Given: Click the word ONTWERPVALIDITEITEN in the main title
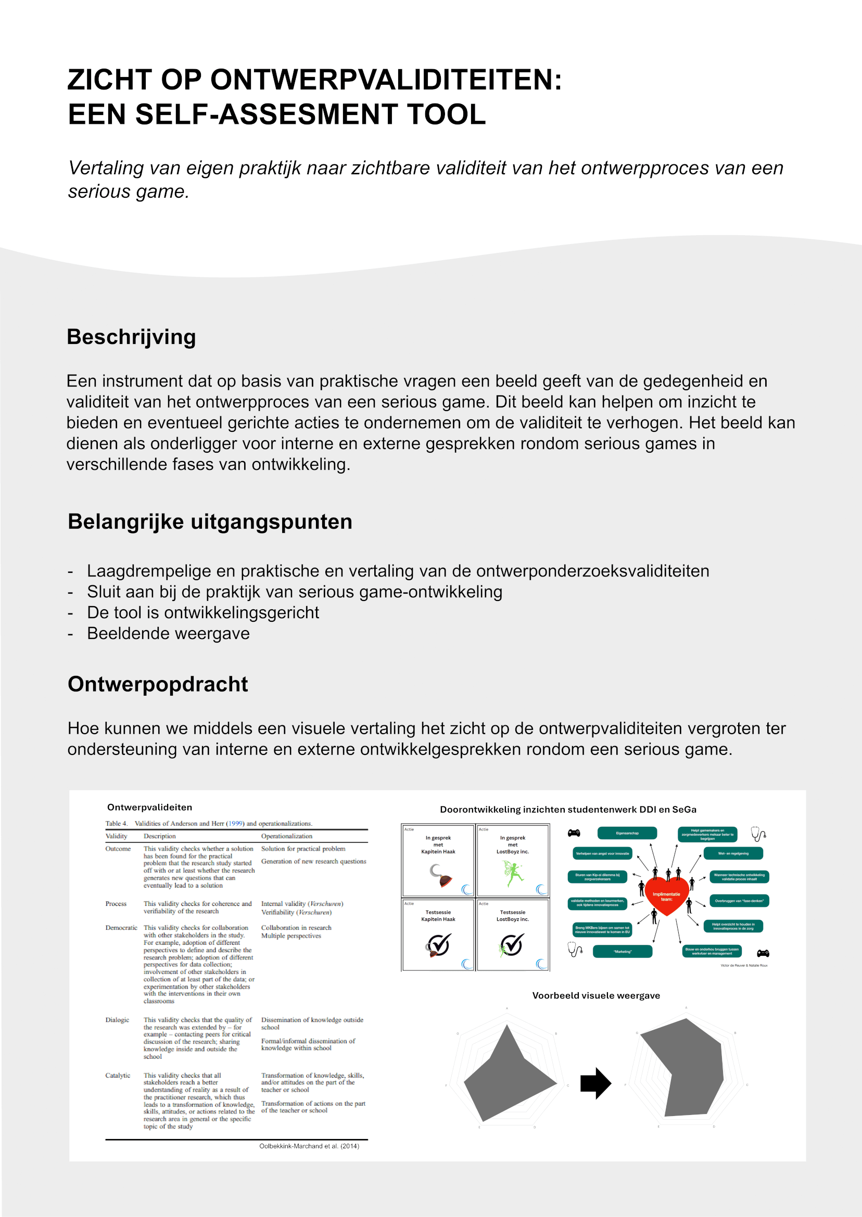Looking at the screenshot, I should point(385,80).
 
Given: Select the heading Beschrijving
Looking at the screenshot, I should point(131,337).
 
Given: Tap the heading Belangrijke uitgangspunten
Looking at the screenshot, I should point(210,522).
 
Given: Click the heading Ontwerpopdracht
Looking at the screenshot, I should point(158,684).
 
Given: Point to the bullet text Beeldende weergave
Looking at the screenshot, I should point(168,633).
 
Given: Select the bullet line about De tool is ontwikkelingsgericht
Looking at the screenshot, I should point(203,613).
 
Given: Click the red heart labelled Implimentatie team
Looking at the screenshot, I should point(666,896).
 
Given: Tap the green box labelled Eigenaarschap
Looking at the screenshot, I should point(627,834).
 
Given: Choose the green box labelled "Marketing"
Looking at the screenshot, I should point(622,952).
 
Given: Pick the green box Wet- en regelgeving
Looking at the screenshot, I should point(733,854).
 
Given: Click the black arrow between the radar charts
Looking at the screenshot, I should point(595,1083).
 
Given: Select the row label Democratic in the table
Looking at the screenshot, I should point(121,928).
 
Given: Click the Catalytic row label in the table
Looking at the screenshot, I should point(117,1075).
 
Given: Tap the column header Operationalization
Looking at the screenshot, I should point(287,836).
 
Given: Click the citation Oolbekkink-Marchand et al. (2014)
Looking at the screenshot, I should point(309,1146).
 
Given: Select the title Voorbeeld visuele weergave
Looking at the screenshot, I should point(596,996).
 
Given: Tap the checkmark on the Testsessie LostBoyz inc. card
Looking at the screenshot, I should point(512,944).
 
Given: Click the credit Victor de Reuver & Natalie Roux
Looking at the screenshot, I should point(744,966).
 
